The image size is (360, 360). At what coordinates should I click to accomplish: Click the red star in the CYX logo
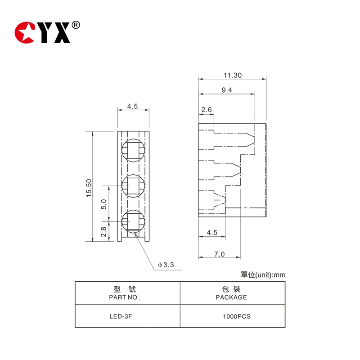(x=24, y=33)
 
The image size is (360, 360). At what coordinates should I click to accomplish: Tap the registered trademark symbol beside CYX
(x=76, y=25)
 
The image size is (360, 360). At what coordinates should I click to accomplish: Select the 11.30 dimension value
(x=232, y=76)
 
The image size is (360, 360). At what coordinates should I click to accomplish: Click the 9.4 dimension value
(x=227, y=90)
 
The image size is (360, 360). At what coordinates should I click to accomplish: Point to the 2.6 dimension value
(x=207, y=109)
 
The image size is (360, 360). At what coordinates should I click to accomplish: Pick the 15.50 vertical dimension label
(x=89, y=187)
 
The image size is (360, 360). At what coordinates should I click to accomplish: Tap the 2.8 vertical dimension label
(x=103, y=232)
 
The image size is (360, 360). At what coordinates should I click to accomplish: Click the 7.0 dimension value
(x=219, y=254)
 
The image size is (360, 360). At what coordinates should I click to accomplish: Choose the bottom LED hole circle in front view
(x=133, y=221)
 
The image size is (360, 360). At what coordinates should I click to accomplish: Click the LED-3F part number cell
(x=121, y=316)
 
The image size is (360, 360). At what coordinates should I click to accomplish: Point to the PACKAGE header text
(x=231, y=297)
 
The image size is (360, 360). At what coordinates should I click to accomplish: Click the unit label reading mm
(x=279, y=275)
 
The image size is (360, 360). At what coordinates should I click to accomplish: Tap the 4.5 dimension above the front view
(x=132, y=107)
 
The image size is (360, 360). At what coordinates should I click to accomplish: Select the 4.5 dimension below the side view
(x=212, y=233)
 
